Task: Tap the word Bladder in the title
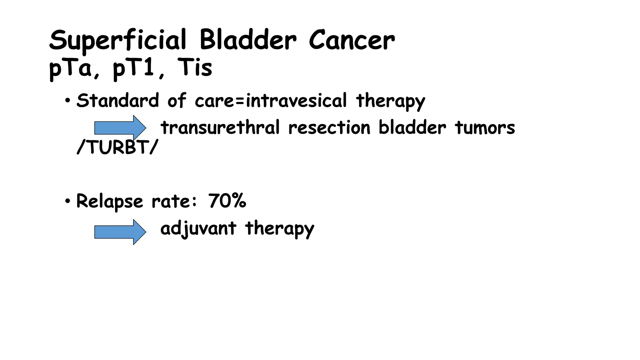coord(248,40)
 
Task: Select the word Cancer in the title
coord(352,40)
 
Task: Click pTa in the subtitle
coord(71,68)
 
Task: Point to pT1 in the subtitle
coord(134,68)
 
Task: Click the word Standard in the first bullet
coord(117,101)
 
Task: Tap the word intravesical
coord(296,101)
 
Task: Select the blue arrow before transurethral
coord(120,128)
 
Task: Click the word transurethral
coord(220,128)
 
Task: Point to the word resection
coord(329,128)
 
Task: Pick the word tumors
coord(485,128)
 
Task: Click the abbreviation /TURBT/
coord(117,147)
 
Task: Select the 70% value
coord(227,201)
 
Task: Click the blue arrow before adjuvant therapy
coord(120,232)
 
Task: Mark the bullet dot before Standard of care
coord(67,101)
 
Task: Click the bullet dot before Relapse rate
coord(67,201)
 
